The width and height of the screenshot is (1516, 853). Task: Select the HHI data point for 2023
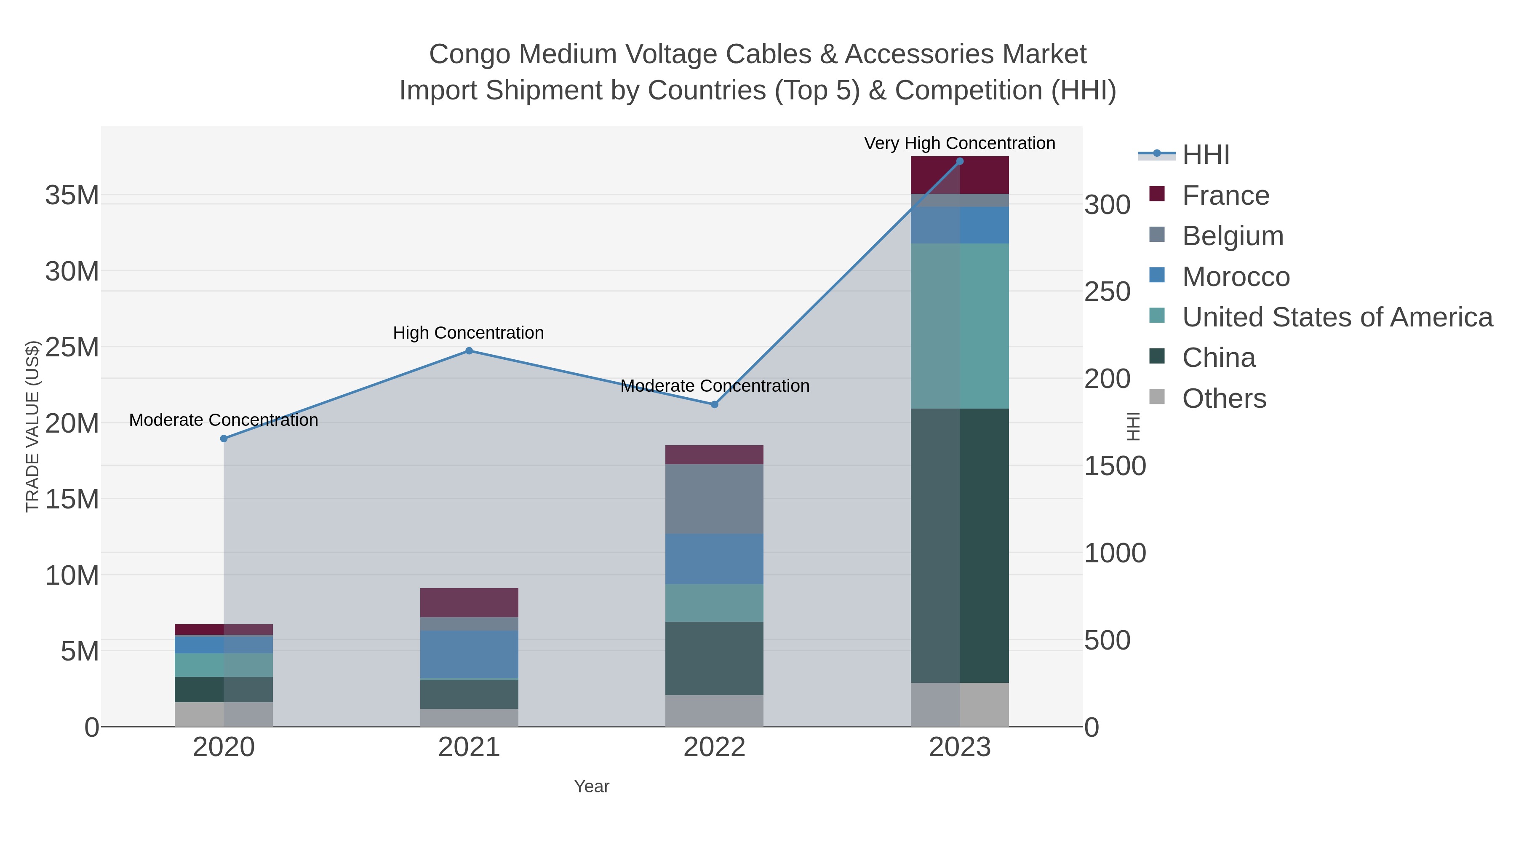pos(960,161)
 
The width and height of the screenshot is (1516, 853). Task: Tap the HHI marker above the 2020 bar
pos(224,439)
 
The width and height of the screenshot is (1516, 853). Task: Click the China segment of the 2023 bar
pos(960,545)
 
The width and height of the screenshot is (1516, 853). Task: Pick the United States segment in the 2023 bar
pos(960,326)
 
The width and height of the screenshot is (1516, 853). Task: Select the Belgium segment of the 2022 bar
pos(715,499)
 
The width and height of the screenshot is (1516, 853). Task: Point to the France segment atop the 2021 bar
pos(469,602)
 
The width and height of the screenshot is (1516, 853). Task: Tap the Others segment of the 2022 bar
pos(715,711)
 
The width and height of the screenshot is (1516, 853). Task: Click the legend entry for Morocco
pos(1236,277)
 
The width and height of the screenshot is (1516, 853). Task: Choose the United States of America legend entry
pos(1337,317)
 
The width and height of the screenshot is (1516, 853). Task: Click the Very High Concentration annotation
pos(959,143)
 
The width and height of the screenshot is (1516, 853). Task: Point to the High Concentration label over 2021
pos(468,333)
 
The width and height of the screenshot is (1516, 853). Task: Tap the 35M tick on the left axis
pos(72,195)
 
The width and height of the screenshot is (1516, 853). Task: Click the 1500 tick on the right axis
pos(1115,466)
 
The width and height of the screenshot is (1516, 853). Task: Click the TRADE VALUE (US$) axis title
pos(32,426)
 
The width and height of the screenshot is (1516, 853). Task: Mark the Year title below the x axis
pos(592,786)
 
